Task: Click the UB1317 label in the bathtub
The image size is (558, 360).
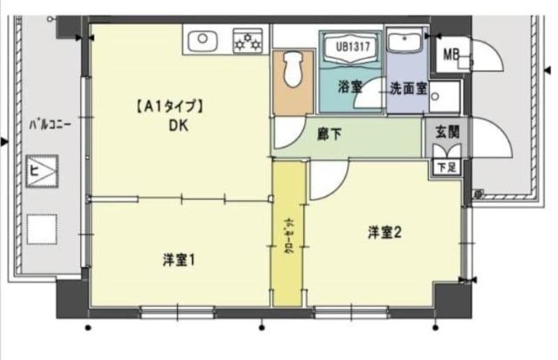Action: point(352,47)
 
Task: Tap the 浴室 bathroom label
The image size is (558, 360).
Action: point(349,87)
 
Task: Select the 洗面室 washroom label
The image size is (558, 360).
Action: point(408,89)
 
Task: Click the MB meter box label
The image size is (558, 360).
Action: point(452,53)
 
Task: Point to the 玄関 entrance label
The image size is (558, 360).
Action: point(446,130)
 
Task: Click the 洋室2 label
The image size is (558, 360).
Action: point(384,233)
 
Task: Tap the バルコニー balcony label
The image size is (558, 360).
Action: point(50,126)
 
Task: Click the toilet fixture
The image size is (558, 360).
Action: point(292,70)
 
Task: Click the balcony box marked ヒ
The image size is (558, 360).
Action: point(42,170)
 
